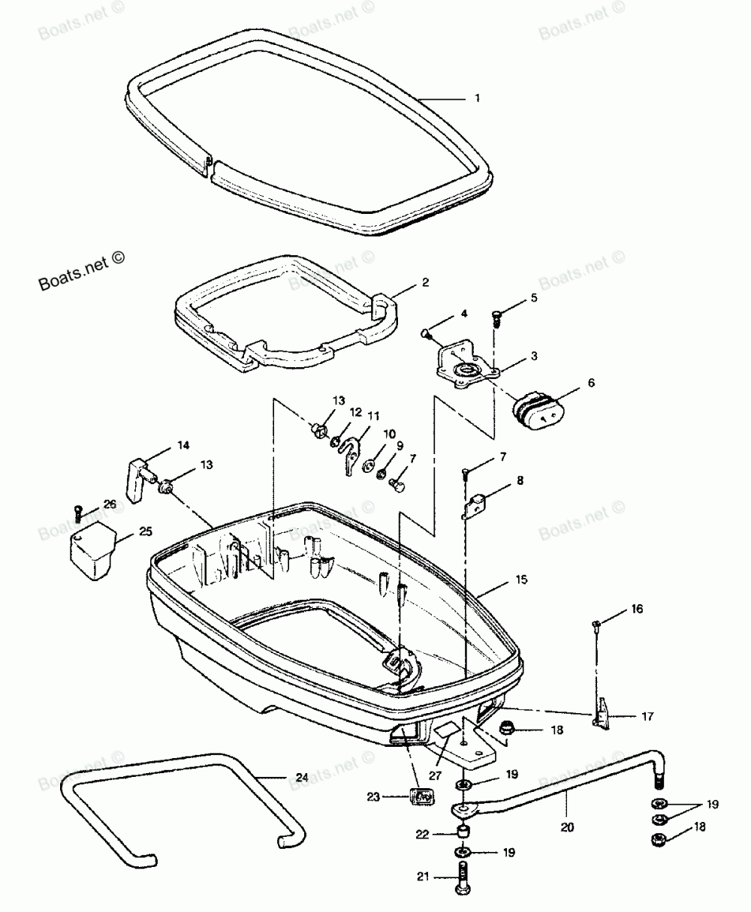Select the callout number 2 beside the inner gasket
click(425, 283)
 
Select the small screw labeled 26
click(78, 513)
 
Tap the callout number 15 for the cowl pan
click(542, 580)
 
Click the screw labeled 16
click(596, 625)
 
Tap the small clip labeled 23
click(423, 796)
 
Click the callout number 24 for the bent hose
click(300, 778)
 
